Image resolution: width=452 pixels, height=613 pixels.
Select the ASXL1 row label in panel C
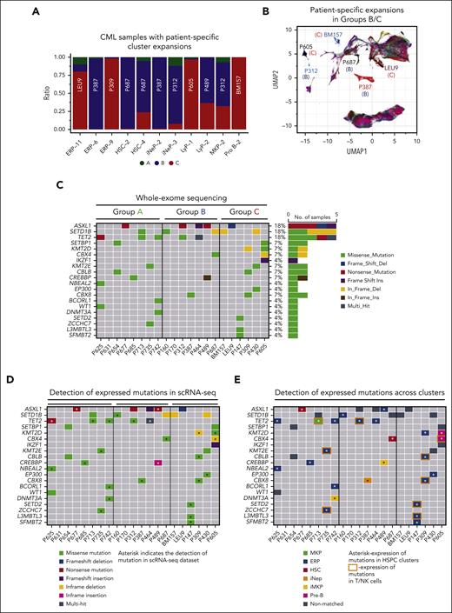(83, 225)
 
